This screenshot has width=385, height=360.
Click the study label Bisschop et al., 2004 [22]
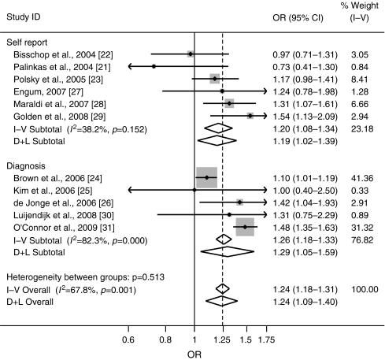tap(54, 54)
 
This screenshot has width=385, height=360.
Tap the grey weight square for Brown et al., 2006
tap(206, 178)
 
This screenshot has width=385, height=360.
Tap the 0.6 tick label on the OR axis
tap(128, 340)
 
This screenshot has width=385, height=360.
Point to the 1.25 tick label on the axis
tap(223, 340)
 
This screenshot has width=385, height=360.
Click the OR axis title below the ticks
tap(194, 354)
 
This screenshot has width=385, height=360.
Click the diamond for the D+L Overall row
tap(222, 301)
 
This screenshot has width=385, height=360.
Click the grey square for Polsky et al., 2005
tap(214, 80)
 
